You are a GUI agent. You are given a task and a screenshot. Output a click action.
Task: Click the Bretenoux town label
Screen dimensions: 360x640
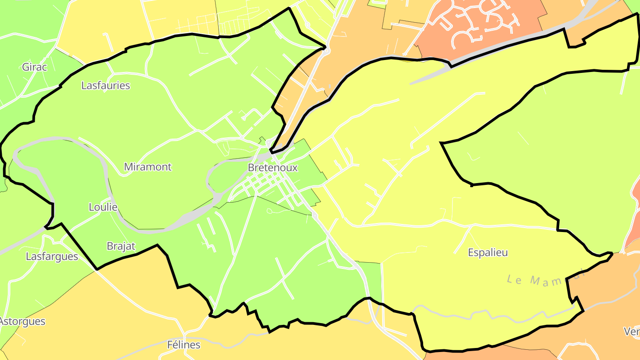click(272, 168)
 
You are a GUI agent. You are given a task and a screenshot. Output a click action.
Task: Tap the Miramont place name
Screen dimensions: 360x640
click(148, 167)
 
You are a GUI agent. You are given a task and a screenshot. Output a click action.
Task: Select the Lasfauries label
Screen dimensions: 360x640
click(105, 85)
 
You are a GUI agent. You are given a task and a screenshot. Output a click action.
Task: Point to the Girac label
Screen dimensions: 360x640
click(34, 67)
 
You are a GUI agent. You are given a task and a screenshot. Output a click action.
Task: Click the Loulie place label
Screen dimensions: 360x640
click(103, 207)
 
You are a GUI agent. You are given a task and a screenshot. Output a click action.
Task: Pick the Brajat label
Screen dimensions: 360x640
click(121, 246)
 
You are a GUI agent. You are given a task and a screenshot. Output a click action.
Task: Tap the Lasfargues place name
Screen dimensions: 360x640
click(52, 256)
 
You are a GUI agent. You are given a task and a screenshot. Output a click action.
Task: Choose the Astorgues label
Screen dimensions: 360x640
click(22, 321)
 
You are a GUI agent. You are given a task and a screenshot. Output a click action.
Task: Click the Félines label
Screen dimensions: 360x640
click(184, 344)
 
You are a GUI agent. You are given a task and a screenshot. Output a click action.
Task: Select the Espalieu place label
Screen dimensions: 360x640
click(488, 252)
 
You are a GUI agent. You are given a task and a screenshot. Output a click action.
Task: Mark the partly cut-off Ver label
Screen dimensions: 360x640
click(632, 332)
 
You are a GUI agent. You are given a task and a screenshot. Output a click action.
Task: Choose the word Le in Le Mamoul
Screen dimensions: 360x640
click(514, 279)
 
